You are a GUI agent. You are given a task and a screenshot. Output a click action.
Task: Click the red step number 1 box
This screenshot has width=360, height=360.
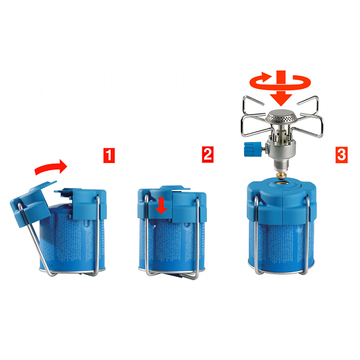coord(109,155)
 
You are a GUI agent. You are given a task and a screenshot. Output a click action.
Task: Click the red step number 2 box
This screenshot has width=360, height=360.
coord(207,154)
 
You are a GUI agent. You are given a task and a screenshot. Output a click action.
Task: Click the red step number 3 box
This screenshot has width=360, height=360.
coord(342,154)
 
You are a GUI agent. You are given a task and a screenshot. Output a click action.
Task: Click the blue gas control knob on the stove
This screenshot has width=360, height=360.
coord(252,149)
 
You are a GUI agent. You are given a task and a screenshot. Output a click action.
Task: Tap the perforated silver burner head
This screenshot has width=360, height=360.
coord(280,117)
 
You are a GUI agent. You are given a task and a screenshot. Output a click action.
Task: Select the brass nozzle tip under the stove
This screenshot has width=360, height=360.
coord(281,175)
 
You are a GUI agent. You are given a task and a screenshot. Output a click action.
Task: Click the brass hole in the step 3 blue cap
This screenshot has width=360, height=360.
coord(282,183)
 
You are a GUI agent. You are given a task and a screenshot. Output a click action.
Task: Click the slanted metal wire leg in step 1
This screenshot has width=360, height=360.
coord(35,239)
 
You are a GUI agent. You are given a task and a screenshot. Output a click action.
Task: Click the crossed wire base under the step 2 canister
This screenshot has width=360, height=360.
coord(171,274)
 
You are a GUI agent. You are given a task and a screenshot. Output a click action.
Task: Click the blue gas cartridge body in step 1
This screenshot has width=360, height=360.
coord(69,241)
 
